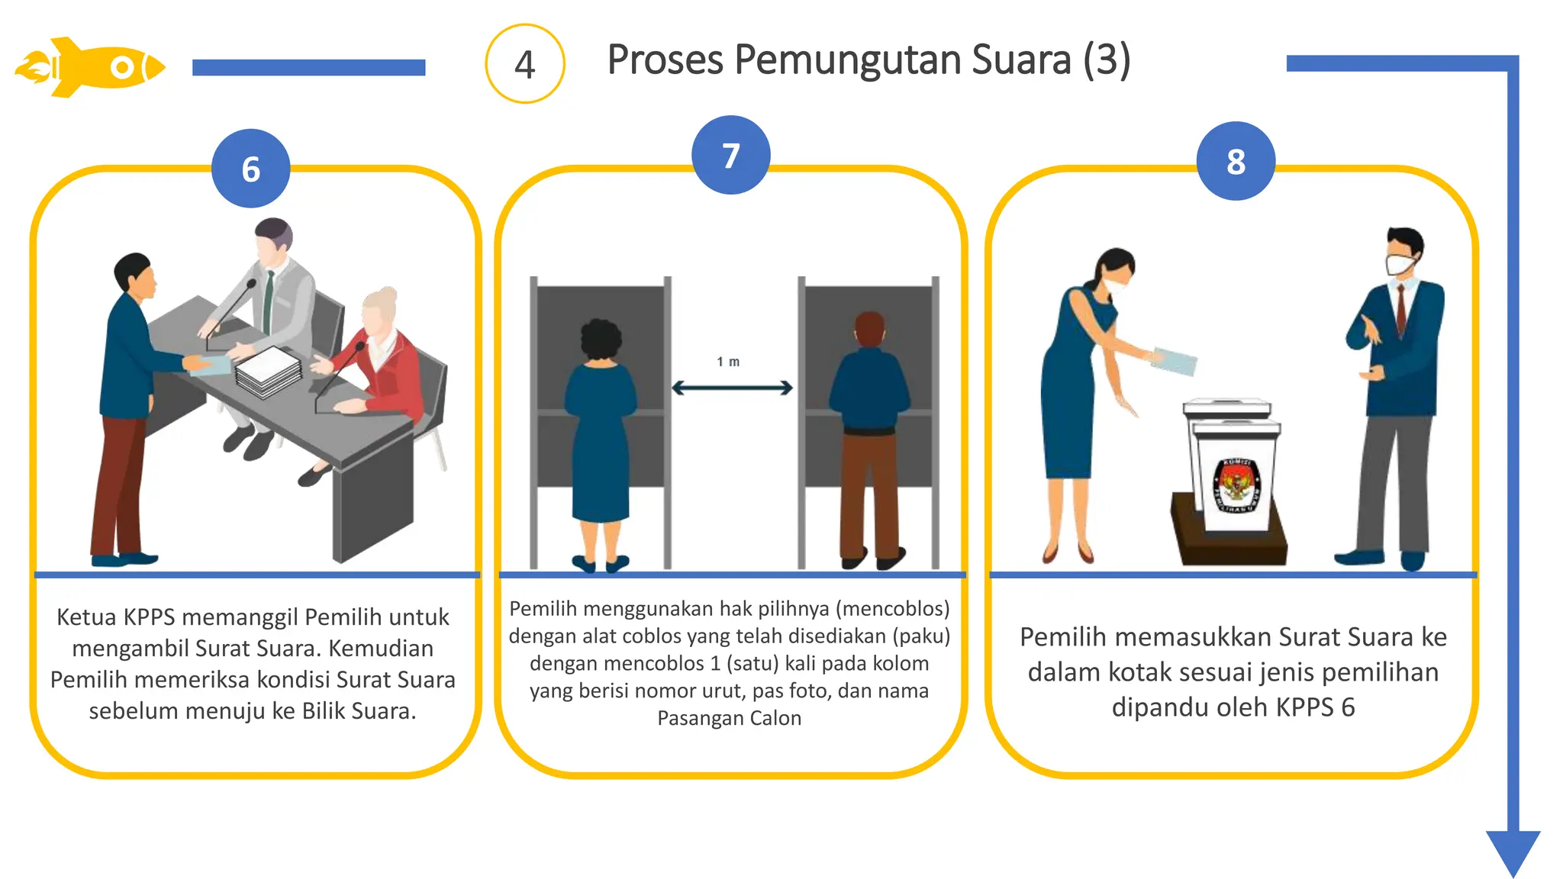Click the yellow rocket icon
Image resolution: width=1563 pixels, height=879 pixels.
click(x=90, y=67)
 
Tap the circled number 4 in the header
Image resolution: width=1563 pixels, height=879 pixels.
click(x=524, y=64)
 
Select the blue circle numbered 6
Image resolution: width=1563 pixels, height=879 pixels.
click(x=250, y=169)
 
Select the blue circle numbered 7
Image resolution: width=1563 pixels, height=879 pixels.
click(x=730, y=156)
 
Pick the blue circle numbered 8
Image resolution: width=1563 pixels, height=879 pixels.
click(x=1236, y=162)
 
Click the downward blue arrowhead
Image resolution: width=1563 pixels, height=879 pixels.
click(x=1513, y=852)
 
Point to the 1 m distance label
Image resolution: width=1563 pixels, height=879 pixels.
click(x=727, y=362)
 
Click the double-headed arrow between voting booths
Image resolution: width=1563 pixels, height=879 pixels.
click(x=732, y=388)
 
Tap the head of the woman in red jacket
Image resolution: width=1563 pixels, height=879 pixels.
click(x=380, y=311)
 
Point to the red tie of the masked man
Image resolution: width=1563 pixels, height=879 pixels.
click(x=1401, y=309)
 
